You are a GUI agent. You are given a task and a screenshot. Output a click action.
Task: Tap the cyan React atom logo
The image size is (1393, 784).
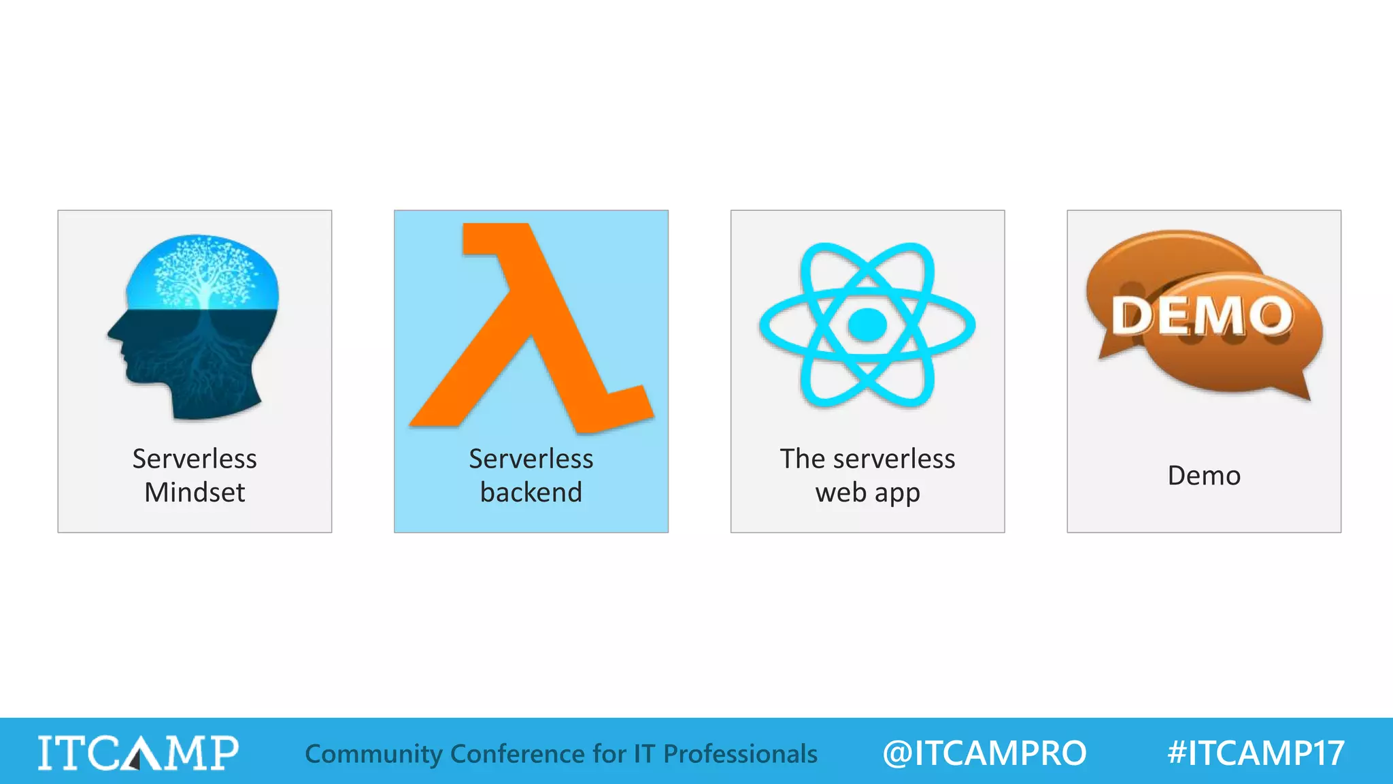tap(867, 325)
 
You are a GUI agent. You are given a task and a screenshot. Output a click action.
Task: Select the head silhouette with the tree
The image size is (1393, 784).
tap(195, 327)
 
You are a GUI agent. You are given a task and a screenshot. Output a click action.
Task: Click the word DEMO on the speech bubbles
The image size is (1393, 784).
tap(1203, 316)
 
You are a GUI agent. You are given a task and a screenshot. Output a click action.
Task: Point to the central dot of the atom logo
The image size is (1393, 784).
tap(867, 325)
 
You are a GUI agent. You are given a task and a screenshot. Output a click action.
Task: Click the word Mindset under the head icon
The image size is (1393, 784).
tap(195, 492)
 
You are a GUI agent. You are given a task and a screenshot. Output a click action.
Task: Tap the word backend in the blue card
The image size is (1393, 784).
tap(531, 492)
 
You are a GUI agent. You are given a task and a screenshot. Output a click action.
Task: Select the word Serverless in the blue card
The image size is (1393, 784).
tap(531, 459)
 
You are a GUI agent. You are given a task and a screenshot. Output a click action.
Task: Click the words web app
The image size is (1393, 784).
tap(867, 492)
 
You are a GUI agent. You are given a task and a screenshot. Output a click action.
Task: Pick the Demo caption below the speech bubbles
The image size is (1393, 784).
tap(1204, 475)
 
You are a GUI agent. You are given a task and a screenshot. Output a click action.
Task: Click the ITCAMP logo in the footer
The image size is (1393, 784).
tap(138, 753)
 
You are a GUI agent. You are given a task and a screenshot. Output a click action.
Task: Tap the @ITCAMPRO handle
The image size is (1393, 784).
tap(984, 753)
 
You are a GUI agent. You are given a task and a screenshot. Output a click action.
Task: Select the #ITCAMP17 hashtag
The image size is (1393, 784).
tap(1256, 753)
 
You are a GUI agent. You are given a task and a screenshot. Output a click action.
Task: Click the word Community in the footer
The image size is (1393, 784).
tap(373, 753)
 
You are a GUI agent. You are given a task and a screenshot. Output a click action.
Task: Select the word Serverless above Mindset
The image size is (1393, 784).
tap(195, 459)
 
